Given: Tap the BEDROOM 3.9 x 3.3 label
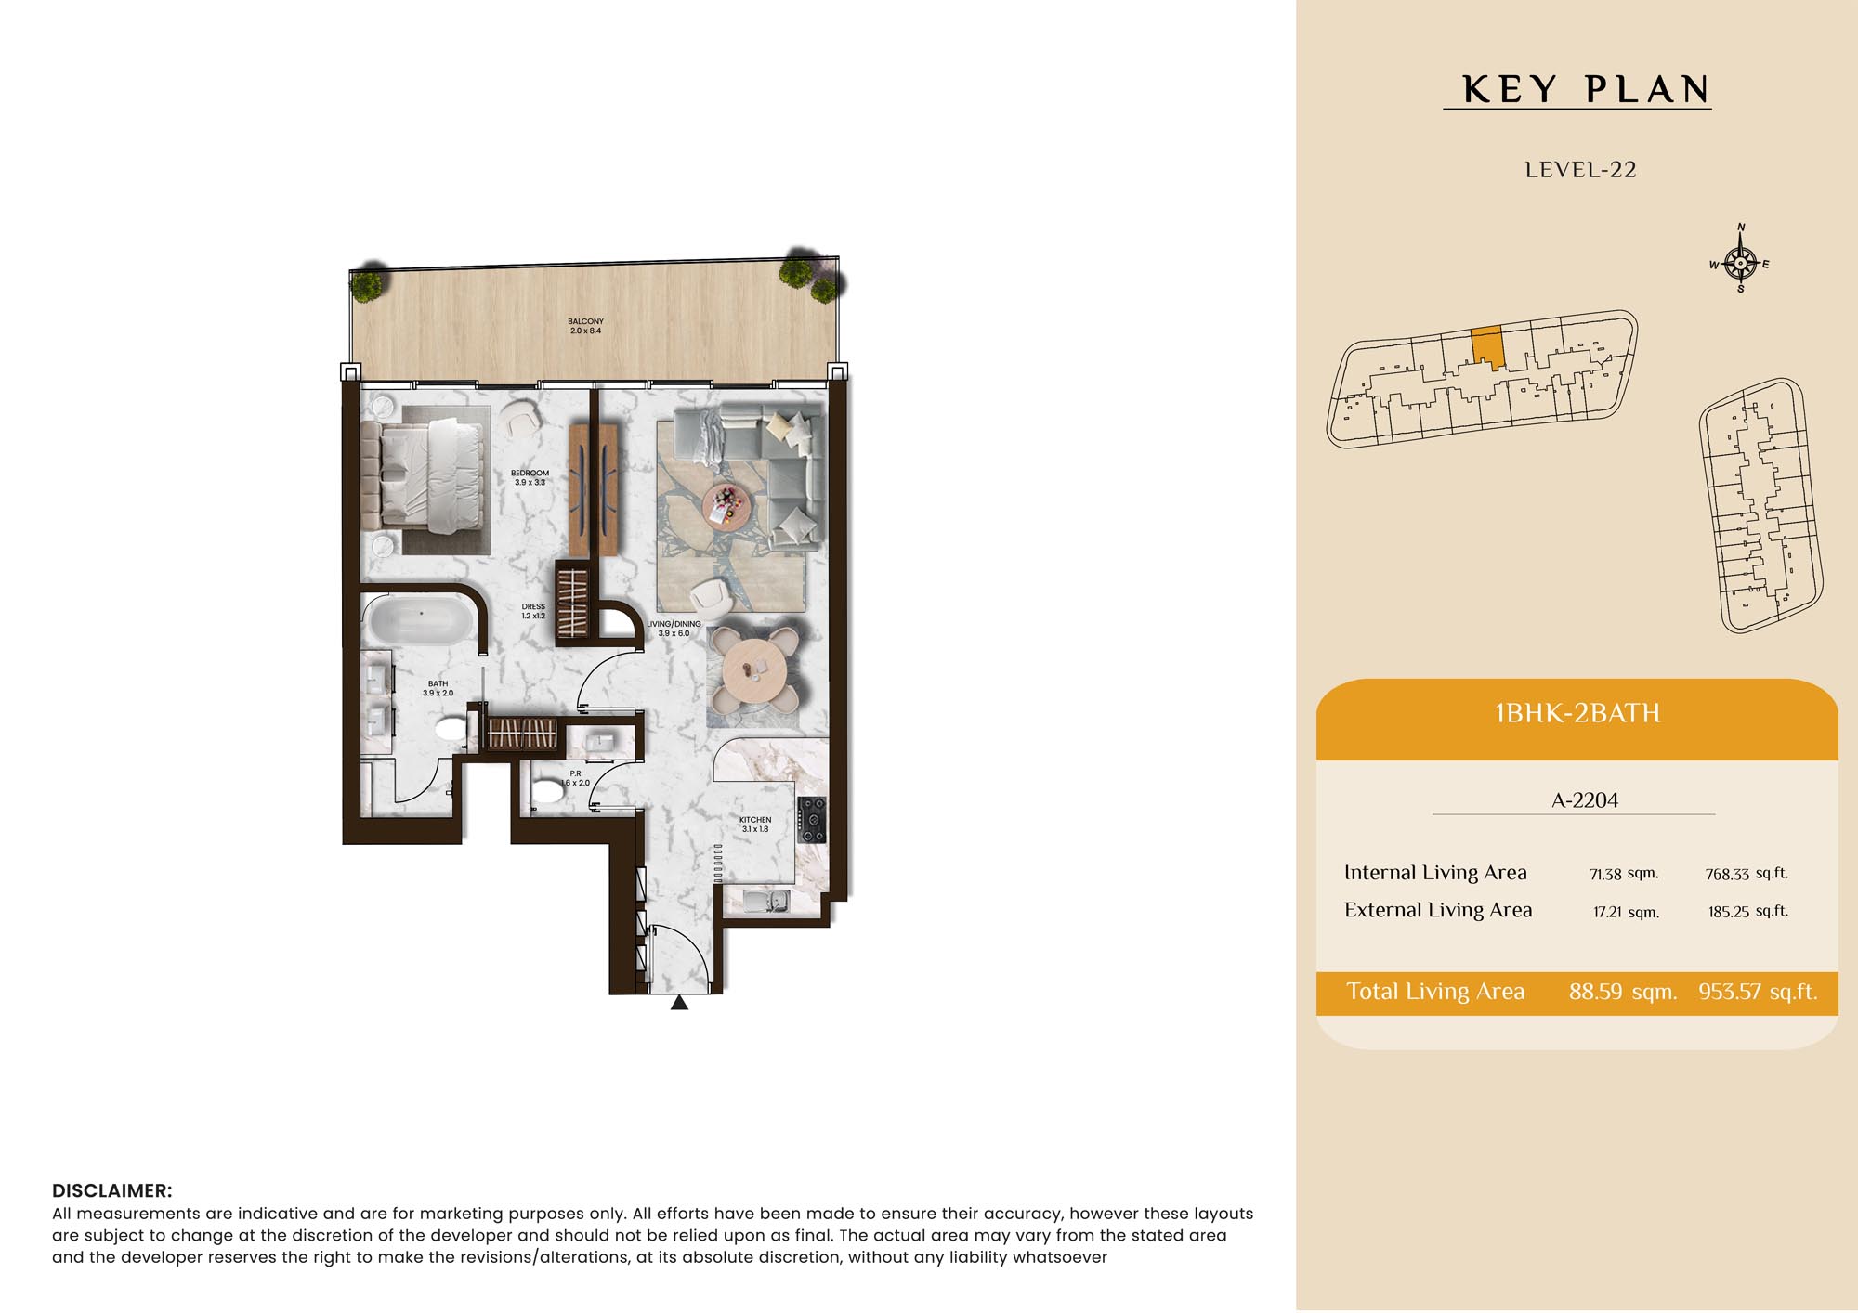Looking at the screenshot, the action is point(530,477).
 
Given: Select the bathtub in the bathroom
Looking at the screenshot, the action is point(421,620).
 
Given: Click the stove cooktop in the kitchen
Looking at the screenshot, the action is point(811,820).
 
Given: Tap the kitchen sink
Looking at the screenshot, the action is point(766,901).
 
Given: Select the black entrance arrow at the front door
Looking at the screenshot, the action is point(680,1002).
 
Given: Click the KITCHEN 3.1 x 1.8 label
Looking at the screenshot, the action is point(755,825).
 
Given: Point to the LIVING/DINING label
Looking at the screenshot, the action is point(674,624).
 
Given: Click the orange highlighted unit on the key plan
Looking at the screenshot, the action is point(1487,346).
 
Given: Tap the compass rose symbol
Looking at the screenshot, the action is point(1740,263).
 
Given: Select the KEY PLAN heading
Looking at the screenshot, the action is point(1586,90).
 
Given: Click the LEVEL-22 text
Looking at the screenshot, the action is point(1580,170).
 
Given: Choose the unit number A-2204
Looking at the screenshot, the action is point(1585,800).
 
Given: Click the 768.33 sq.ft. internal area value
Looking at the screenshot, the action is point(1747,874).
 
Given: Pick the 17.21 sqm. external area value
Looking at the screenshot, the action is point(1626,912).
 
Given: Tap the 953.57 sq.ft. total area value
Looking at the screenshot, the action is point(1758,992).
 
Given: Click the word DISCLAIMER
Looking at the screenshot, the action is point(111,1191).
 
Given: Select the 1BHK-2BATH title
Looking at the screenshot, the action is point(1577,713).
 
